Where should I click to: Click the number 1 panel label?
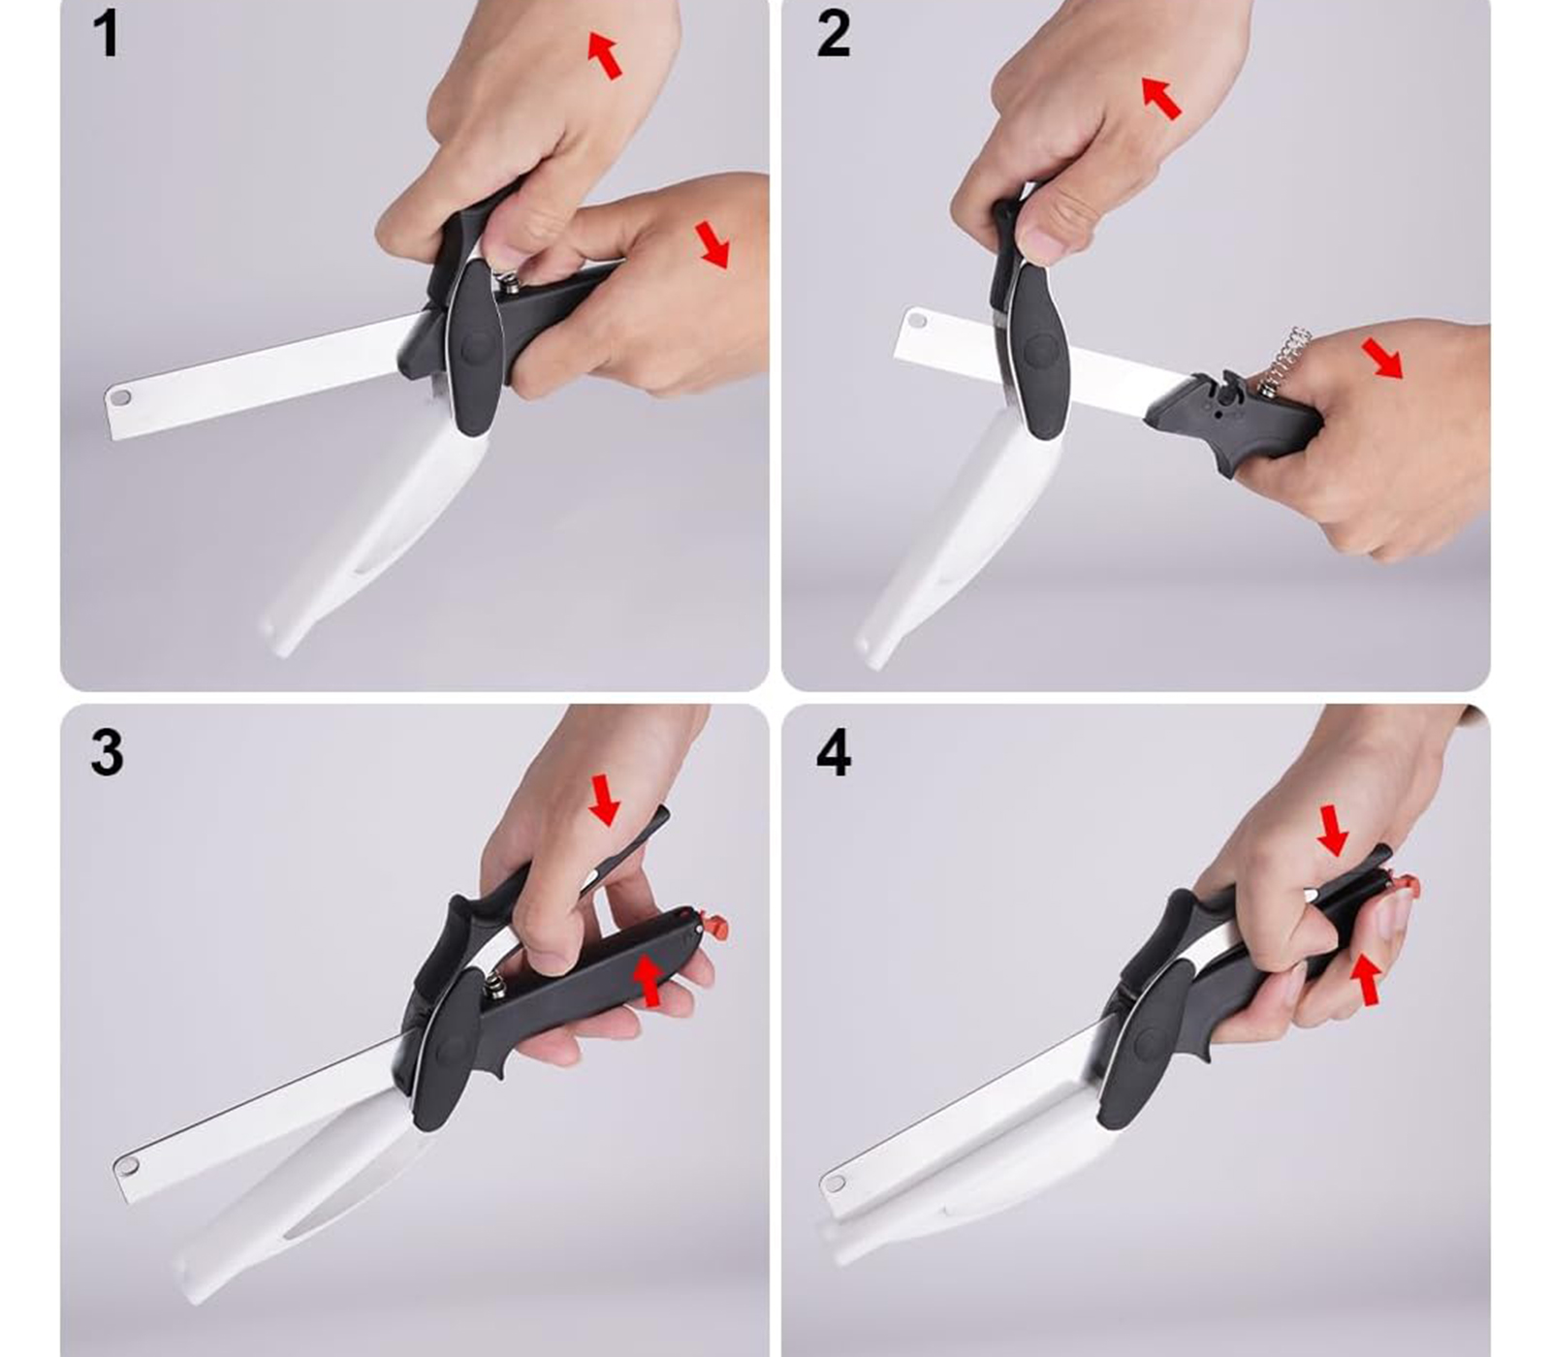point(106,35)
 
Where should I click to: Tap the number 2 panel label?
point(834,35)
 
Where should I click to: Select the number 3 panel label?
point(107,752)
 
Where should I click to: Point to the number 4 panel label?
point(834,752)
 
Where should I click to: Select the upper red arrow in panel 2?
point(1160,97)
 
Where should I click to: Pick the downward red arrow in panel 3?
point(605,799)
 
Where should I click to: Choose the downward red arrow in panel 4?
point(1333,831)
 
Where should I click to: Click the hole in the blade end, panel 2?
point(916,319)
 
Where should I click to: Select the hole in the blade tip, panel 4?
point(834,1183)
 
